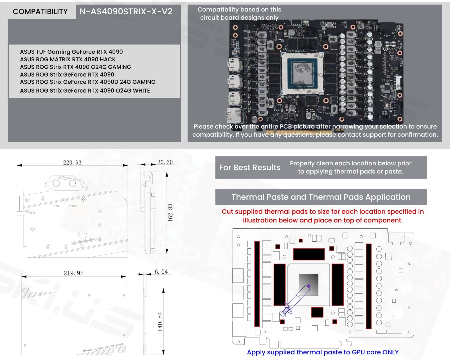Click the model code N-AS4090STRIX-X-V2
126,12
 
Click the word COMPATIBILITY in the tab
40,12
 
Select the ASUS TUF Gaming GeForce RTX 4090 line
71,52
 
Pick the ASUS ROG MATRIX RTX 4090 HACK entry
67,59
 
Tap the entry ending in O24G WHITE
85,91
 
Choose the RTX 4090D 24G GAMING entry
87,82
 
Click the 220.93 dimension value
72,163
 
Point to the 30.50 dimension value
165,162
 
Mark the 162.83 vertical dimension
170,213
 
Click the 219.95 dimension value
73,273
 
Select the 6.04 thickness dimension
161,272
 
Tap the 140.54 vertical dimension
160,322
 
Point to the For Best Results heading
250,168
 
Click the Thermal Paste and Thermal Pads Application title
321,197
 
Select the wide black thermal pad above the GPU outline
309,254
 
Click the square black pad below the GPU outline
317,312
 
